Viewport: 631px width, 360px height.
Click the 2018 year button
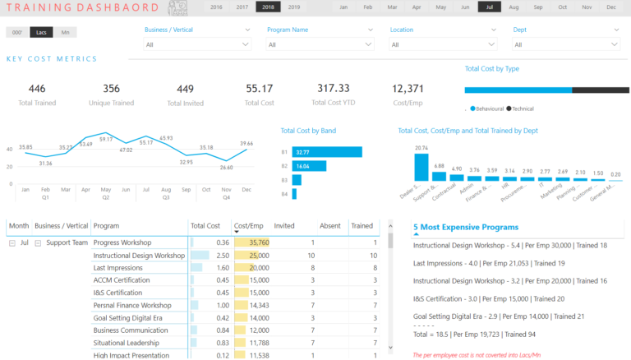point(268,7)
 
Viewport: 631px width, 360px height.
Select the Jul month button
point(490,7)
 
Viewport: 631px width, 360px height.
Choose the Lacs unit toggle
point(41,32)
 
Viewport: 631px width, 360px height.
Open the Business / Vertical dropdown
point(198,44)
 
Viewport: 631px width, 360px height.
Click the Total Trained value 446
point(37,89)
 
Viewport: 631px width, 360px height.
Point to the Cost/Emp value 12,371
point(408,89)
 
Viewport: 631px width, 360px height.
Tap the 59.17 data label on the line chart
point(106,140)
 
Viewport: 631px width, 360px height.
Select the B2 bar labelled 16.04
point(309,166)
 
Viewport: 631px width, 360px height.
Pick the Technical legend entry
point(520,108)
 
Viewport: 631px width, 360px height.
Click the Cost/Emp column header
point(248,225)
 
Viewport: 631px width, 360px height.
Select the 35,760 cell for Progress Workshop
point(251,242)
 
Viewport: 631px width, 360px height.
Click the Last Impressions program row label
point(118,268)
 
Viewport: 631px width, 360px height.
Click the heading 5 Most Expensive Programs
point(465,227)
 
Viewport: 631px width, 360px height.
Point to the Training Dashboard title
point(81,8)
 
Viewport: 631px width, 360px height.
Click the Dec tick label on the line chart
point(246,190)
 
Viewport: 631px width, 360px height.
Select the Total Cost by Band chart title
point(308,131)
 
